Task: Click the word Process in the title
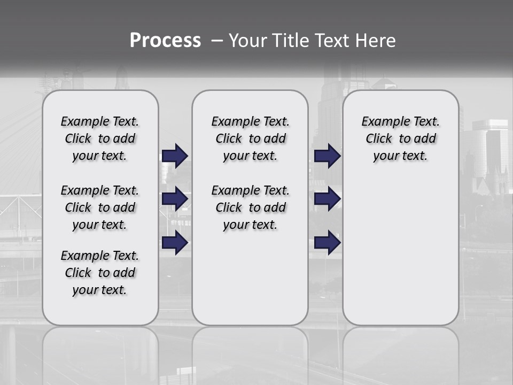click(165, 41)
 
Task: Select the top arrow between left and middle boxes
click(175, 156)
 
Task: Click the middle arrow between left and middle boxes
click(175, 199)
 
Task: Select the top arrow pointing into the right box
click(327, 156)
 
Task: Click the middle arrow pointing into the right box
click(327, 199)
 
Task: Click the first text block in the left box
click(100, 138)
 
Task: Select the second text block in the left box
click(100, 207)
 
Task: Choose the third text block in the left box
click(100, 273)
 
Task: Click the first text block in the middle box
click(250, 138)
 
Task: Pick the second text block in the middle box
click(250, 207)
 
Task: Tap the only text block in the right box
click(400, 138)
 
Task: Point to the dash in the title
click(216, 41)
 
